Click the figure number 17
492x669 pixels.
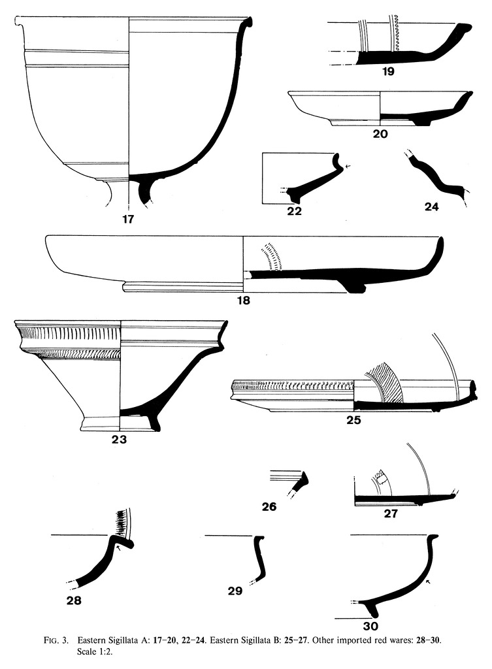click(127, 220)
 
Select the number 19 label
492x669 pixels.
click(388, 72)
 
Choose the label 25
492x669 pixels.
click(353, 420)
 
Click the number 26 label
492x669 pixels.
click(270, 506)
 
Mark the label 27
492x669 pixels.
click(390, 514)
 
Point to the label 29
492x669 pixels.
click(235, 592)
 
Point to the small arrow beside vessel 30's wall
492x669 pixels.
click(427, 581)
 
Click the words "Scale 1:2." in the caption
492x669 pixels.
click(86, 652)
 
